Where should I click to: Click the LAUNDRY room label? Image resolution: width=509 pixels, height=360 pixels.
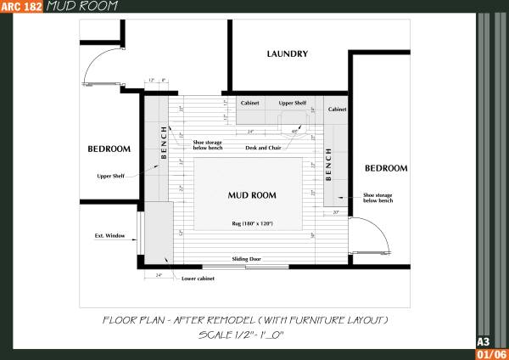point(287,54)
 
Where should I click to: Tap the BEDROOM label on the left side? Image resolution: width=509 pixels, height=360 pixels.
point(109,149)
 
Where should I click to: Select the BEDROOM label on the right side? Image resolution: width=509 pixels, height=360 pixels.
point(386,168)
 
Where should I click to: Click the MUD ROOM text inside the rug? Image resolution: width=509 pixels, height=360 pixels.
point(249,194)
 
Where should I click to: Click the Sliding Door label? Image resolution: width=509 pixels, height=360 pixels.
point(247,257)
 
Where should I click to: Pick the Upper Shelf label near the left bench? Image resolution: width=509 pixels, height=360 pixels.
point(111,177)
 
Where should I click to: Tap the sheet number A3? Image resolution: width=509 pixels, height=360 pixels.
point(483,341)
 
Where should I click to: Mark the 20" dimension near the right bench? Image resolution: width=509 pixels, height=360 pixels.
point(336,211)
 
